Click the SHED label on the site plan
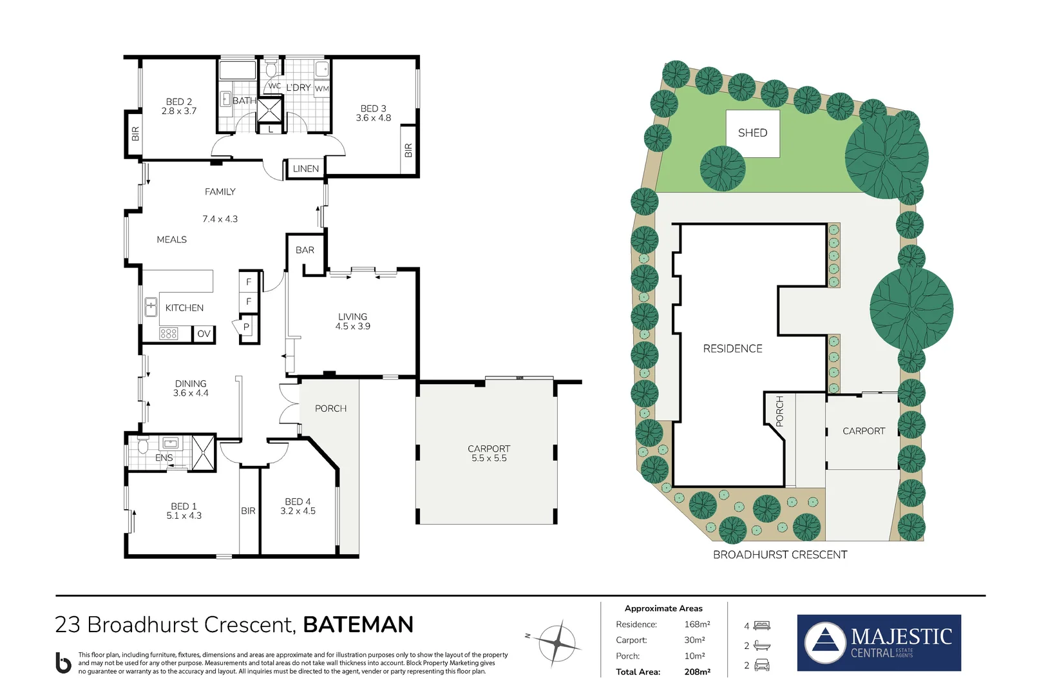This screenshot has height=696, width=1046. coord(752,133)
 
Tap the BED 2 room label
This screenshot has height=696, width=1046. coord(179,102)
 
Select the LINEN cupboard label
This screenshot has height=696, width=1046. coord(305,169)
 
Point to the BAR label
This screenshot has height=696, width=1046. coord(305,250)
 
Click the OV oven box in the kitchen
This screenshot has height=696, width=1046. coord(204,334)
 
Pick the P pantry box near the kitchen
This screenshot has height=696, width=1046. coord(246,327)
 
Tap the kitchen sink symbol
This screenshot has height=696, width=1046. coord(151,307)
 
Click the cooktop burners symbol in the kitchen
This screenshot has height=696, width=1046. coord(169,333)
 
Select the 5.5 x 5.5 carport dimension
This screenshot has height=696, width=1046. coord(489,458)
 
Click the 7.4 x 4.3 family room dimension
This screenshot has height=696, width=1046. coord(220,219)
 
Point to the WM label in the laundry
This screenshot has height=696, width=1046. coord(321,89)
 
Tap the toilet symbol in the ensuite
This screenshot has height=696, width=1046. coord(143,445)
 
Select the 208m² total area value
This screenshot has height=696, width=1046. coord(697,672)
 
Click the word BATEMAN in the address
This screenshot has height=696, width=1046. coord(358,624)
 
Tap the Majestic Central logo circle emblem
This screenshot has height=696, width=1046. coord(826,643)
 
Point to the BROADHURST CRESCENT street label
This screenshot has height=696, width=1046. coord(779,555)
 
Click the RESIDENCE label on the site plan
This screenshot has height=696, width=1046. coord(732,349)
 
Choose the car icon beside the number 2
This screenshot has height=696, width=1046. coord(761,665)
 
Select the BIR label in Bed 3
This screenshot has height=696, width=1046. coord(408,150)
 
